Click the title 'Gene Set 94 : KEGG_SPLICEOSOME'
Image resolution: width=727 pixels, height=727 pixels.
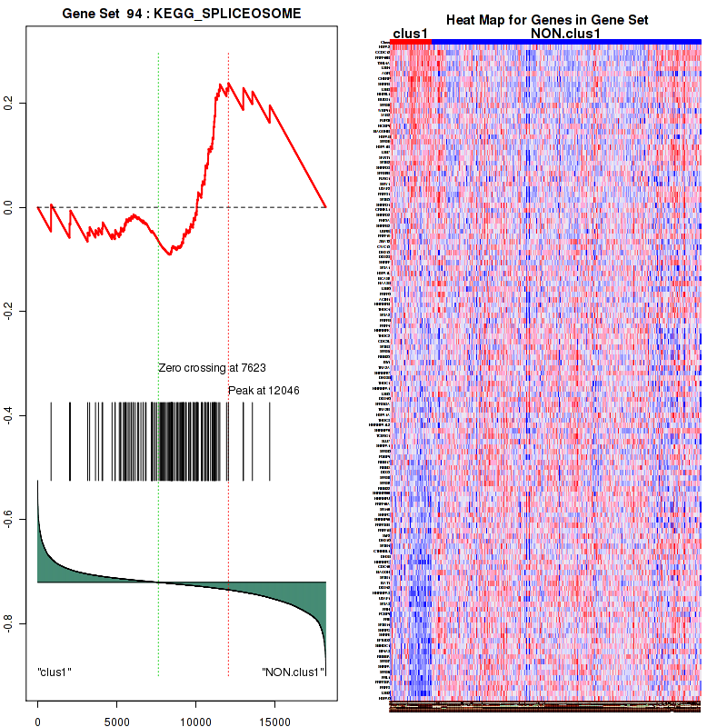(x=182, y=14)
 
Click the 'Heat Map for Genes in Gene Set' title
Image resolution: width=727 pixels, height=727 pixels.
(x=546, y=20)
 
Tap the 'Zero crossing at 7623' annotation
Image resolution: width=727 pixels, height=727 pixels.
(x=212, y=368)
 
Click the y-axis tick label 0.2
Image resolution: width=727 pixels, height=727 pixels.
(x=8, y=105)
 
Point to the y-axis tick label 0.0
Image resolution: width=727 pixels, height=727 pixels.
(x=8, y=208)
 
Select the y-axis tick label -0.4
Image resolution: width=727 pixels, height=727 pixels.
(x=8, y=415)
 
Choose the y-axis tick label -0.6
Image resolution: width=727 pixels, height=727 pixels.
(x=8, y=519)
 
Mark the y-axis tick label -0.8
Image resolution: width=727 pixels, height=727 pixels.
(x=8, y=622)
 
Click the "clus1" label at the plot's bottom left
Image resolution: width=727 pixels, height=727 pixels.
(x=55, y=672)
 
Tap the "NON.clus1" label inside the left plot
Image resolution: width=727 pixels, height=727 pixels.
(x=293, y=672)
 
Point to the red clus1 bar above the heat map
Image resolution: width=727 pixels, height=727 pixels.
(x=410, y=41)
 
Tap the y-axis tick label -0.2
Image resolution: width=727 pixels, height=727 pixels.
(x=8, y=312)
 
